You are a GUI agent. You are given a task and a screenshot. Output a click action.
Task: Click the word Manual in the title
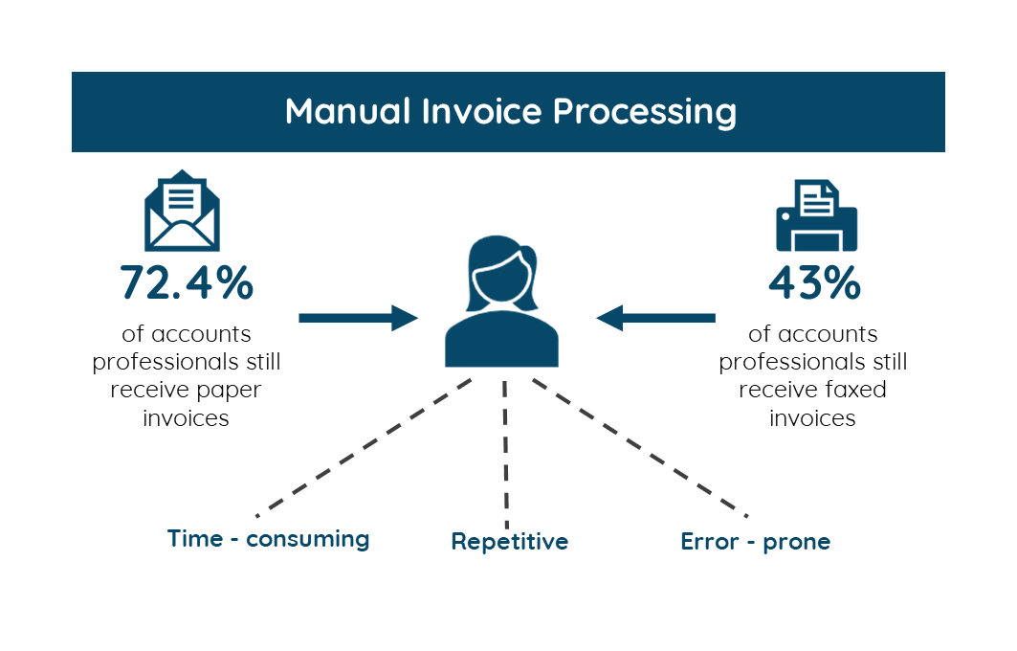[x=349, y=111]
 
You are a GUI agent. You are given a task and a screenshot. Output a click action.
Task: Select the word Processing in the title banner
[x=645, y=113]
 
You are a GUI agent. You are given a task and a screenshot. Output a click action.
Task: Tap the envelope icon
[x=182, y=211]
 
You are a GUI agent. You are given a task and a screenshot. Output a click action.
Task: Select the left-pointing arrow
[x=656, y=317]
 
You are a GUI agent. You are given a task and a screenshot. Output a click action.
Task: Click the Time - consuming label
[x=268, y=539]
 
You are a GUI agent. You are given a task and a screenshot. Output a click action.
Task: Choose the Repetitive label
[x=509, y=542]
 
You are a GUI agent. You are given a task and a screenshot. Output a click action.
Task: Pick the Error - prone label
[x=755, y=542]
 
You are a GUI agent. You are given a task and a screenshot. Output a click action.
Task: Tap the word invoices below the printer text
[x=812, y=418]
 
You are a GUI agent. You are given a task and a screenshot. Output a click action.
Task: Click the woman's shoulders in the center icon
[x=501, y=344]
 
